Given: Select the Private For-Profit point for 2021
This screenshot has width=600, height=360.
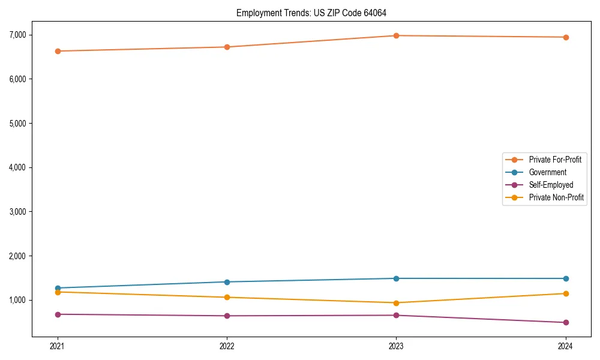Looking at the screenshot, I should coord(58,51).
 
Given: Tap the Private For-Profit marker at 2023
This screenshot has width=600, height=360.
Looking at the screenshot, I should coord(396,35).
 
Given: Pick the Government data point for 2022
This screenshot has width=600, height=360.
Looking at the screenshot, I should coord(227,282).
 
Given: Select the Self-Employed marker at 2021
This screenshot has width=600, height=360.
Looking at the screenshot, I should coord(58,314).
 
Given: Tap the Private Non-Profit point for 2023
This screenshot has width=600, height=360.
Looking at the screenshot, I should coord(396,303).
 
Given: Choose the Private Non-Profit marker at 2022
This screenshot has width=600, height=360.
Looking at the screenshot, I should coord(227,298).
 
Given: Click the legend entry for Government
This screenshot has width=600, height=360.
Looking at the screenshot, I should coord(547,172).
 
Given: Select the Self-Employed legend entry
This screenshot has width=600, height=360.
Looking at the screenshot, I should coord(551,185).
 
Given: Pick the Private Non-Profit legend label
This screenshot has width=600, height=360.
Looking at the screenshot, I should coord(556,197).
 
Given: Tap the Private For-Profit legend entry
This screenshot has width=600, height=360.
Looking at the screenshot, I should coord(555,160).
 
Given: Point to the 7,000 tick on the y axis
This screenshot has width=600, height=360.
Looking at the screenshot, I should coord(17,35).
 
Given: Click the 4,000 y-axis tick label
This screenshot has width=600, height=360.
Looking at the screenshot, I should coord(17,167).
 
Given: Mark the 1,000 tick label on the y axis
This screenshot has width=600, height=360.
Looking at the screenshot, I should coord(17,300).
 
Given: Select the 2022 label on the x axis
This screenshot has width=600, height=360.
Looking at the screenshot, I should coord(227,346).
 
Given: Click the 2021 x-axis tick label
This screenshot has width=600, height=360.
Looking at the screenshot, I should coord(58,346).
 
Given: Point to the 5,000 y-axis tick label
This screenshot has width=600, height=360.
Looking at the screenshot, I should coord(17,123).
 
